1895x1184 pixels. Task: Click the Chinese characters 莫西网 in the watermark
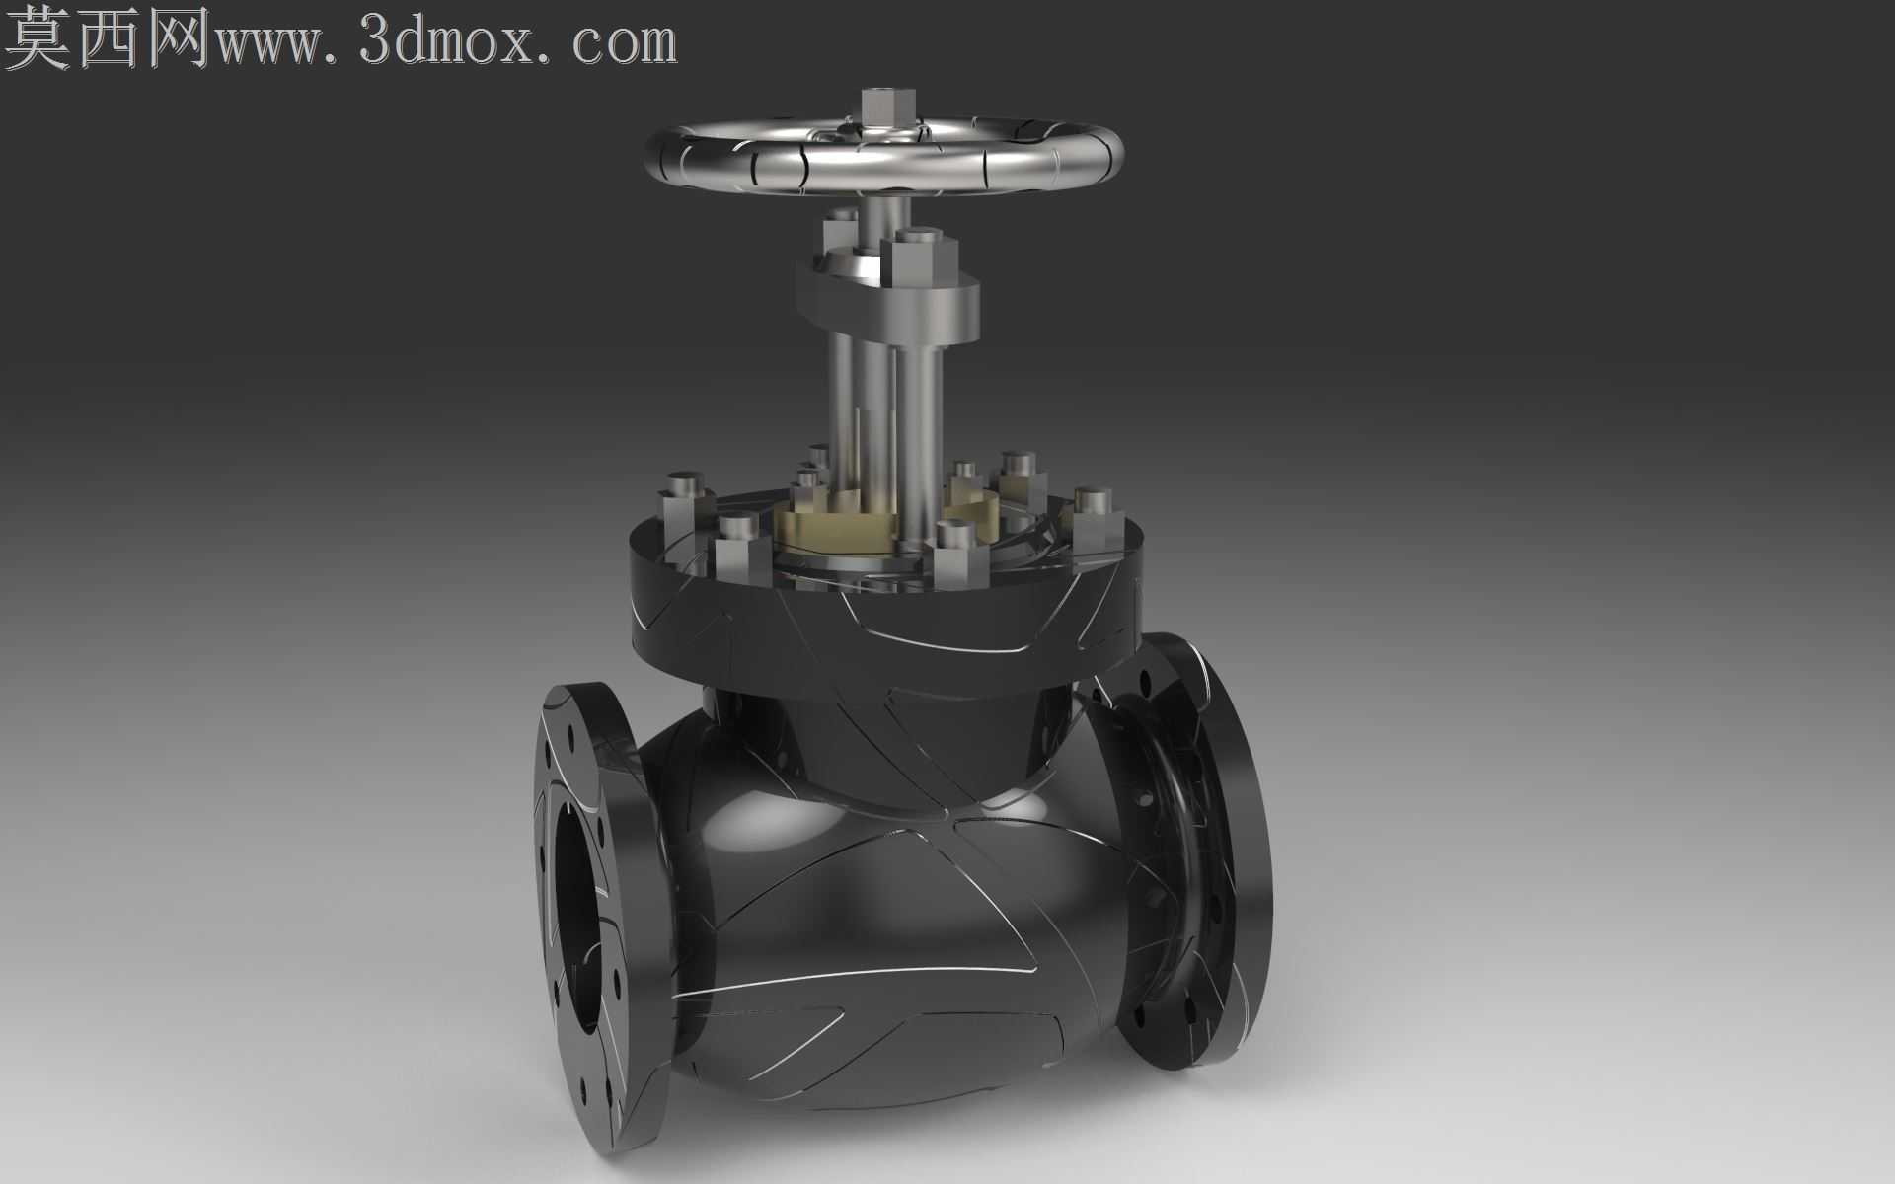(109, 38)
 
